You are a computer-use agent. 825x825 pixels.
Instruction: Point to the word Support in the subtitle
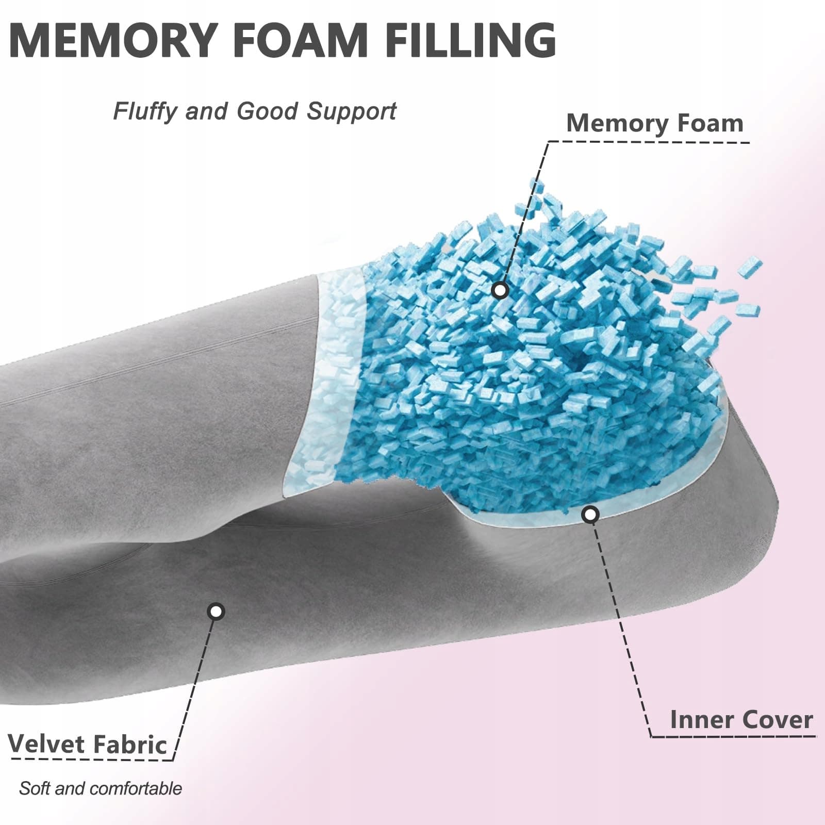pos(352,112)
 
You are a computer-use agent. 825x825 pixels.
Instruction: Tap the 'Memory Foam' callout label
pos(655,124)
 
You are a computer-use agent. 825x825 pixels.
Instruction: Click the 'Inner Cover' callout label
pos(741,720)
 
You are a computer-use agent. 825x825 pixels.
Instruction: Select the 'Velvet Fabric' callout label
pos(88,744)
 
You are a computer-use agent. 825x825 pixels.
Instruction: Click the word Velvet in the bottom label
pos(46,744)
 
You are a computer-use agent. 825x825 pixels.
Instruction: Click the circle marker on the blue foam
pos(500,291)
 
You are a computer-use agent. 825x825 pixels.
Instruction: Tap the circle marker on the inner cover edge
pos(590,514)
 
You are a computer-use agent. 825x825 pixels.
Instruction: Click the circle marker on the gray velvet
pos(216,612)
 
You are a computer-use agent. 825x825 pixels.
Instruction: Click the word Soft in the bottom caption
pos(35,789)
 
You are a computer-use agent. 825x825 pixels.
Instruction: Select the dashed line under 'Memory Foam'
pos(648,141)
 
